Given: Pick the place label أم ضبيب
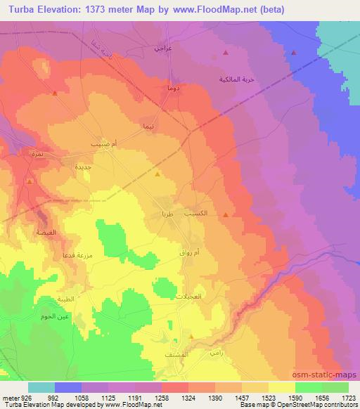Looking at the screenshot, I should click(x=97, y=143).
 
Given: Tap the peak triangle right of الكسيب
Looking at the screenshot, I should click(x=225, y=214).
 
